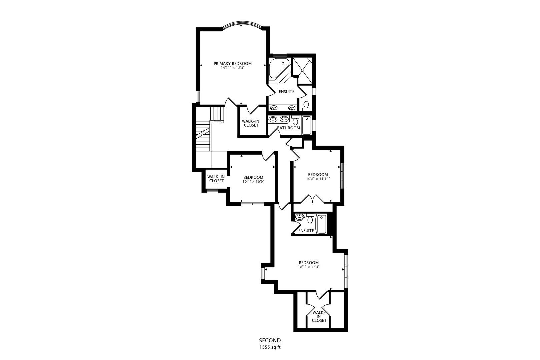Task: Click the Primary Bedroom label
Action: (232, 63)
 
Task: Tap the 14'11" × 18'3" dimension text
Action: (232, 68)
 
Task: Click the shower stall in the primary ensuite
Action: (303, 70)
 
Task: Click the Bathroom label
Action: (288, 128)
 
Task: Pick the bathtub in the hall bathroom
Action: (306, 125)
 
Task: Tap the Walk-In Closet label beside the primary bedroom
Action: (251, 123)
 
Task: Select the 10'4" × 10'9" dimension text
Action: (253, 182)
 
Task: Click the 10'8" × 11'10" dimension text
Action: (318, 179)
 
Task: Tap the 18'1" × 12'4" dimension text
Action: (308, 267)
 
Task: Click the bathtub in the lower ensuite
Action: (321, 224)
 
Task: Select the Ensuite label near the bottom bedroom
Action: (306, 231)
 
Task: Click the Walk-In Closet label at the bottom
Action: (319, 316)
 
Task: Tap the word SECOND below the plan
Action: (270, 340)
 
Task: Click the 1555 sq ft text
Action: (270, 347)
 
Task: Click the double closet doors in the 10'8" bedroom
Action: (312, 199)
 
